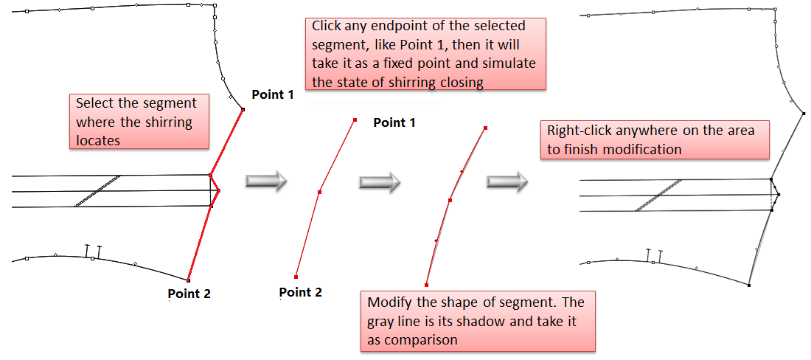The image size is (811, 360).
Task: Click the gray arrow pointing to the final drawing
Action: [x=507, y=181]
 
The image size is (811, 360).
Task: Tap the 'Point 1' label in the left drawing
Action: [x=272, y=95]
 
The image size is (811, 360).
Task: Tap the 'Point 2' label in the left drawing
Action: [x=189, y=294]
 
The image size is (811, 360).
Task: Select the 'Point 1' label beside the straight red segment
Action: [x=394, y=122]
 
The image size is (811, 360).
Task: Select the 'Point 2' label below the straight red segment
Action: [x=300, y=292]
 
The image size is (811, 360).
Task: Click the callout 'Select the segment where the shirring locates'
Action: [x=137, y=122]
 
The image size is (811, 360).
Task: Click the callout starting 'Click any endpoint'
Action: [x=425, y=54]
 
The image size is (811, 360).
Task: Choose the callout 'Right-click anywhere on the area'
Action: [x=655, y=139]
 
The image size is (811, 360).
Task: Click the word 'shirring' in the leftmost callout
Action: [x=171, y=122]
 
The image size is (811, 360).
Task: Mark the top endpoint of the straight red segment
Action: [x=355, y=120]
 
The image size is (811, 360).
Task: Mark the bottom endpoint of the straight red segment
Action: [x=296, y=277]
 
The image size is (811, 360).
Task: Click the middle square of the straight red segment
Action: [x=319, y=193]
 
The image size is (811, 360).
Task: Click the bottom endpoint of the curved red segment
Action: [x=427, y=285]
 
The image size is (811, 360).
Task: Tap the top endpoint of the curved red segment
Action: [x=485, y=128]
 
